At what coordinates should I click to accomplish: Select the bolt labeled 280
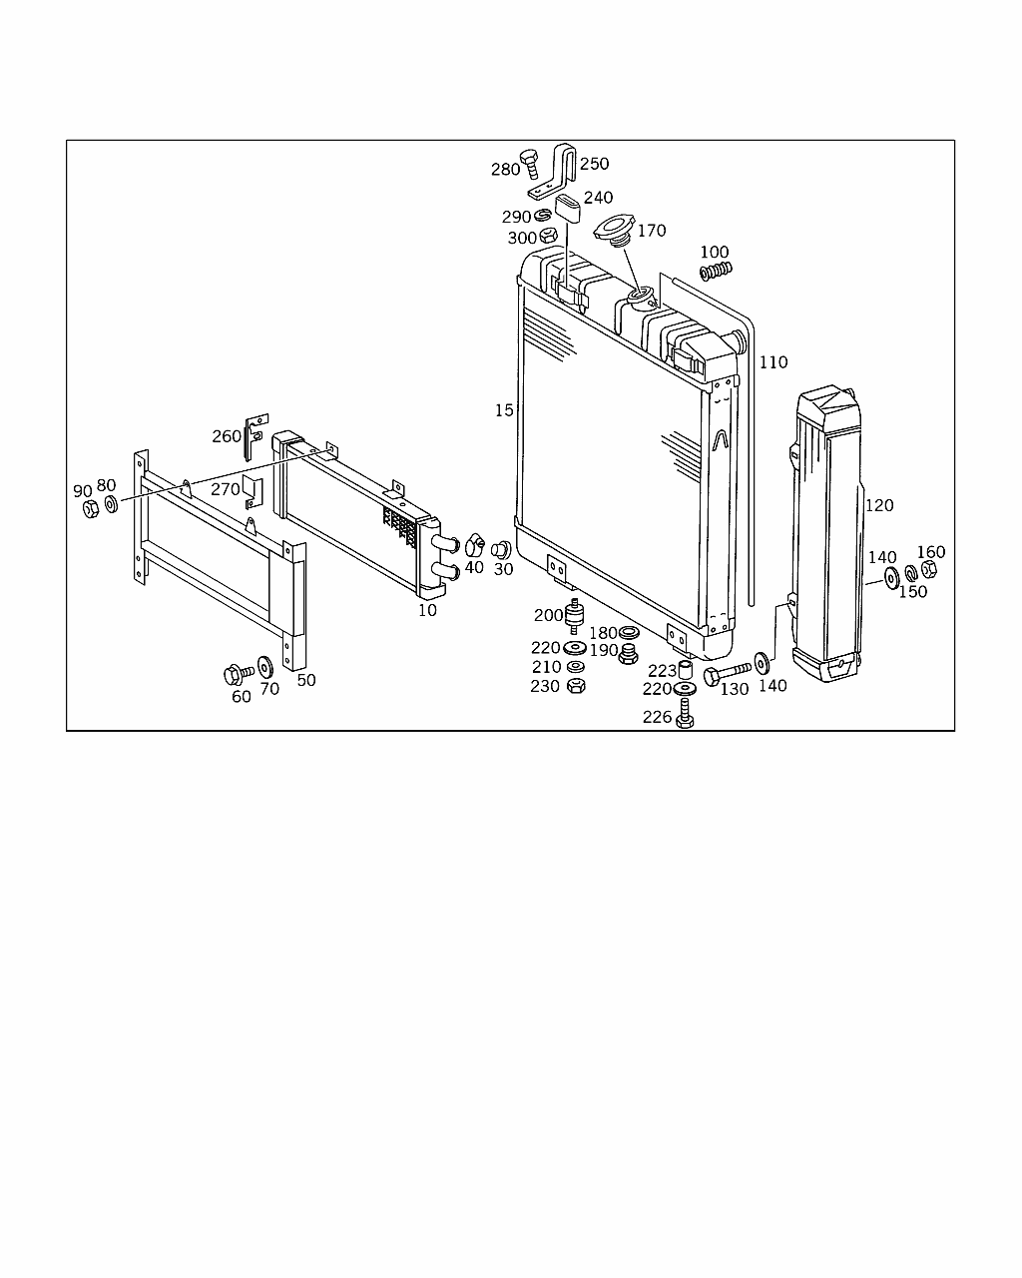529,164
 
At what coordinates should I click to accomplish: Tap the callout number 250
595,164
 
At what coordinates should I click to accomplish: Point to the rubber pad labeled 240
568,208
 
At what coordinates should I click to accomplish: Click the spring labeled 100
716,271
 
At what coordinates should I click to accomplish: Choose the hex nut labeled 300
548,236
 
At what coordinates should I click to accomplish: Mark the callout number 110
773,361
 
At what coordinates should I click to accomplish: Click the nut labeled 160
929,569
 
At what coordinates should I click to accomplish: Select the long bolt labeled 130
727,673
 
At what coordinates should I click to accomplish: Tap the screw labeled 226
685,713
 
